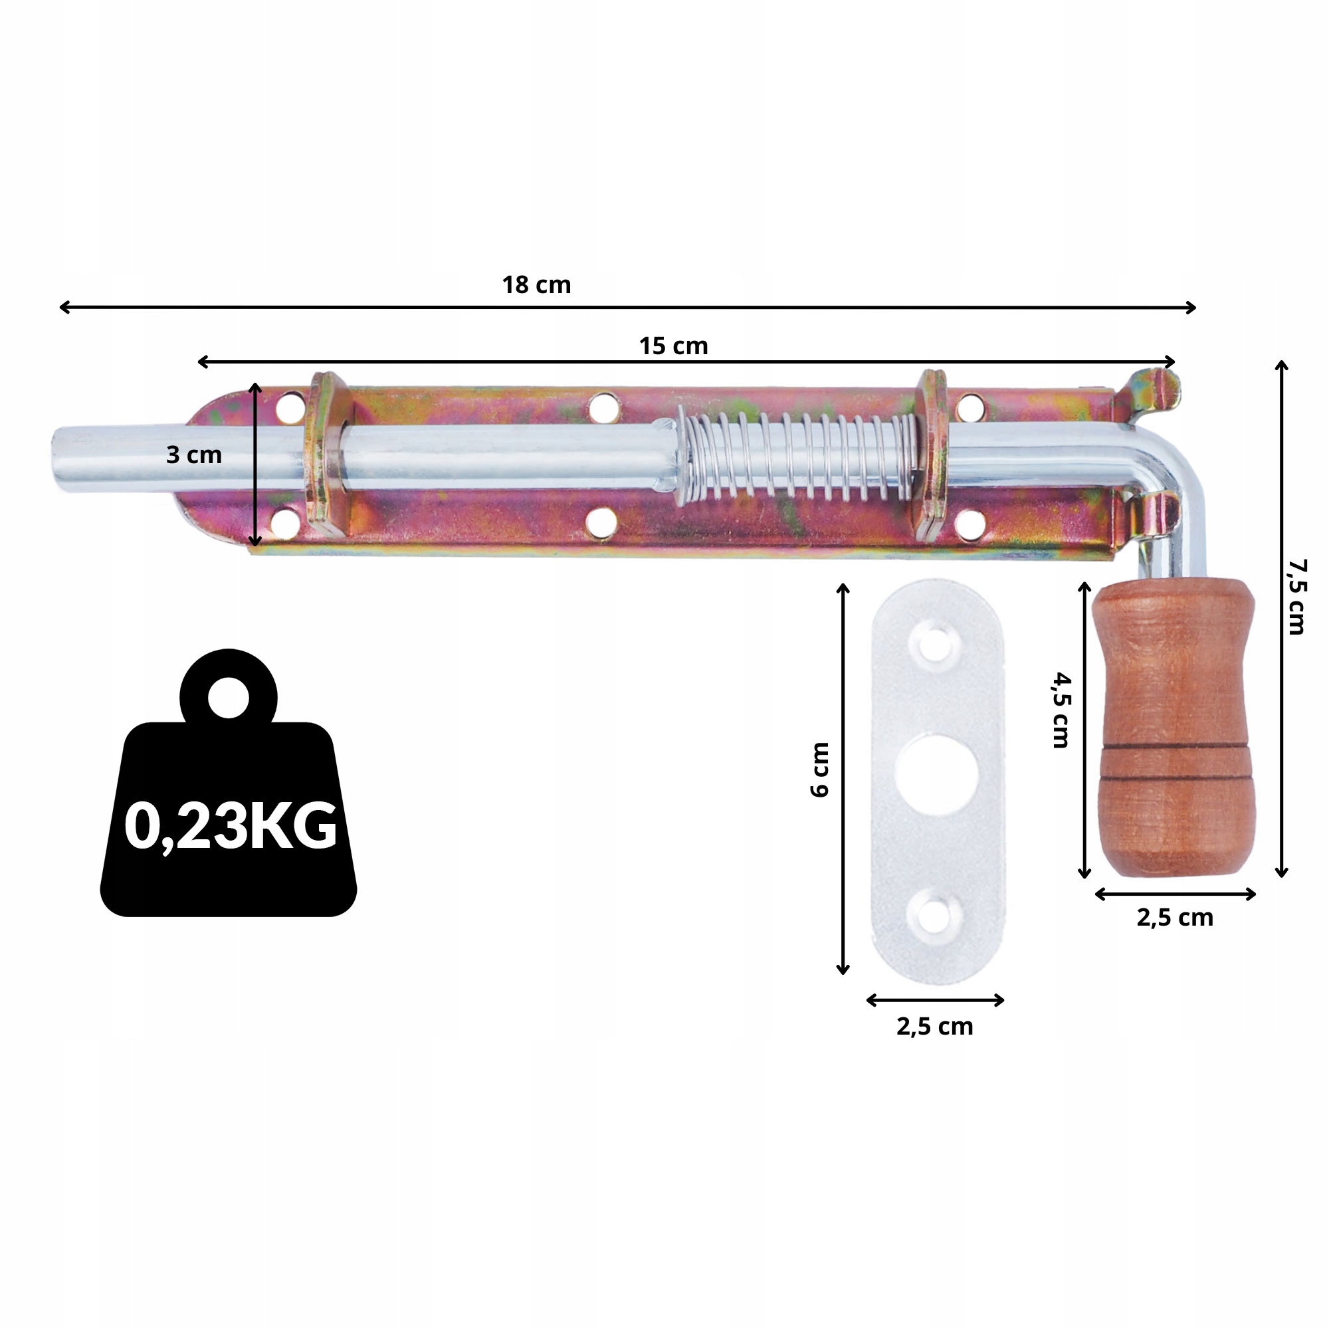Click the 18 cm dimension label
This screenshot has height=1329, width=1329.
[x=536, y=285]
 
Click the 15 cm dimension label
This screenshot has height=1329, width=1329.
[x=672, y=346]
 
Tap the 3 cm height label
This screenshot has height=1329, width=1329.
[x=194, y=455]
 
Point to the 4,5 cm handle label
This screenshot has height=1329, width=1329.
[x=1061, y=710]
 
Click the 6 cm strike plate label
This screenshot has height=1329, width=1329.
[x=820, y=769]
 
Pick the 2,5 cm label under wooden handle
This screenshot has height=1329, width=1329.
[x=1174, y=918]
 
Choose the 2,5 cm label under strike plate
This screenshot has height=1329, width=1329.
[x=934, y=1027]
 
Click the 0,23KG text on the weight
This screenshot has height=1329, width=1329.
[x=230, y=825]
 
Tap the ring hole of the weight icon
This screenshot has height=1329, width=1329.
[x=229, y=698]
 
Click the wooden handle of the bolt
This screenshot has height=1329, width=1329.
[x=1174, y=729]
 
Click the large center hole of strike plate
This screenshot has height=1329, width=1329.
[x=936, y=774]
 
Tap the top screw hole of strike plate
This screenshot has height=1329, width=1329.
[x=934, y=646]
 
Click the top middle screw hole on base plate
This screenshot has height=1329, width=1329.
[x=603, y=407]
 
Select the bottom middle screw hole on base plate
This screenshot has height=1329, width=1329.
[x=601, y=523]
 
